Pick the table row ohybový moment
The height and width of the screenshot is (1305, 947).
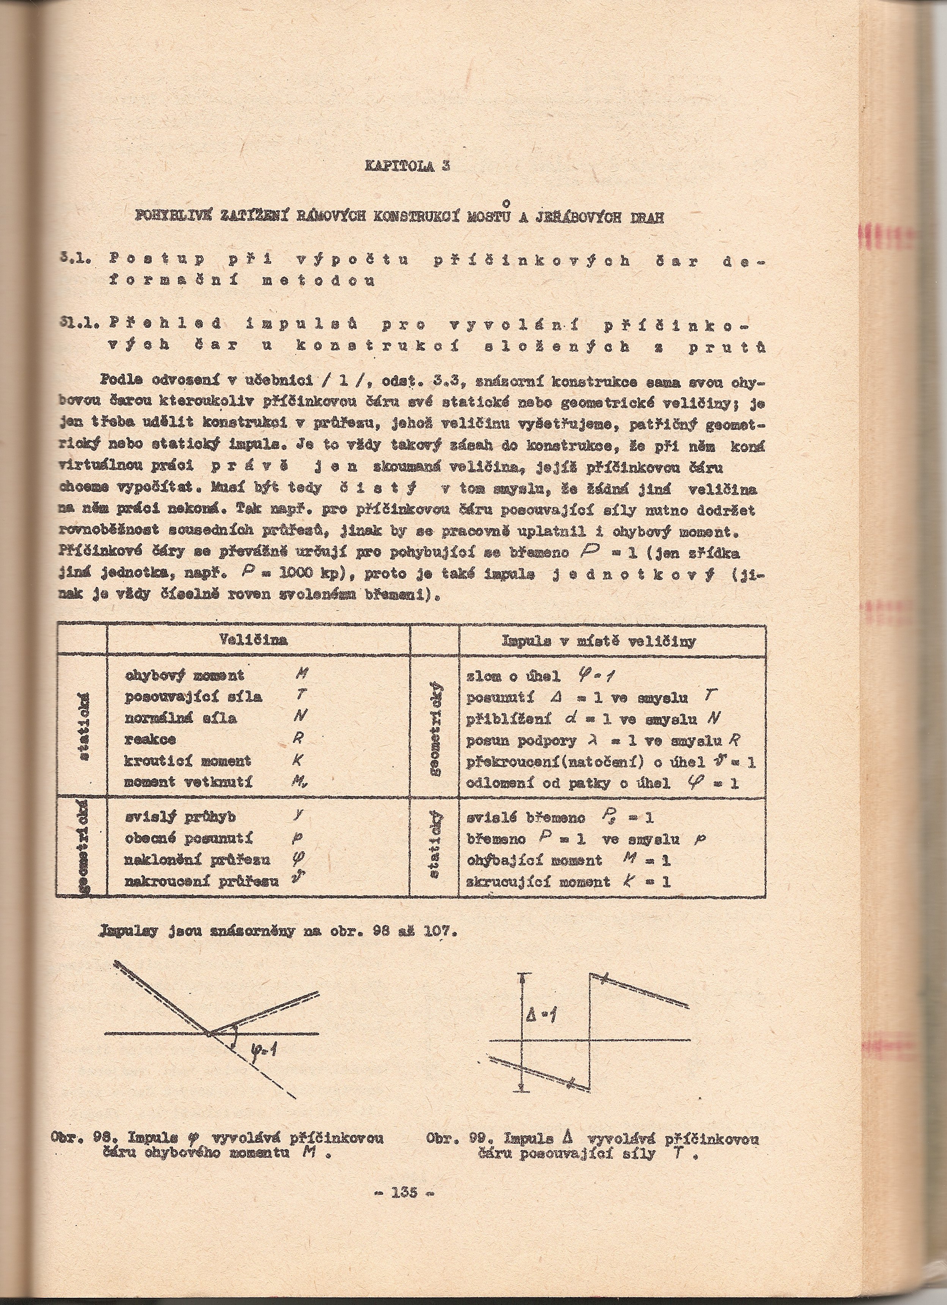pyautogui.click(x=184, y=676)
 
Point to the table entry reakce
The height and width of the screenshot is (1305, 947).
pyautogui.click(x=150, y=739)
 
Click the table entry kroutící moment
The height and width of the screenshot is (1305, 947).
pyautogui.click(x=187, y=761)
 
